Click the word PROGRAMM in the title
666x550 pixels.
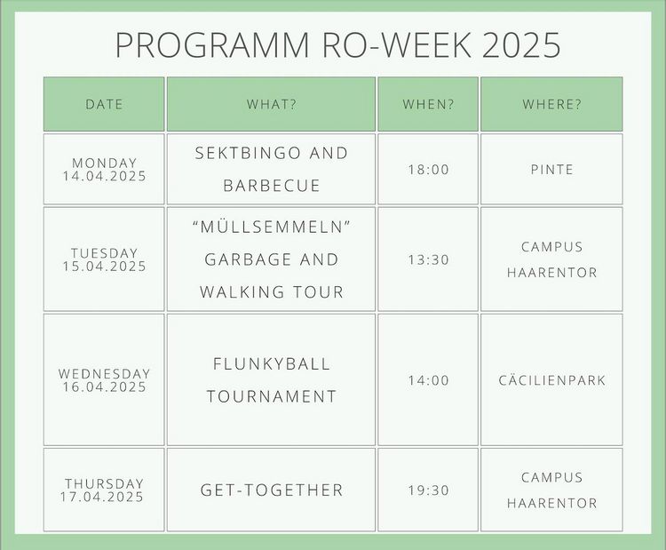click(212, 44)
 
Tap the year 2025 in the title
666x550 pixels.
click(521, 44)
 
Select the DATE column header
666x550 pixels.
click(104, 104)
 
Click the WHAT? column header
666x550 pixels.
click(271, 104)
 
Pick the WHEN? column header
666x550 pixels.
click(428, 104)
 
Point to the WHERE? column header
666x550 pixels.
click(551, 104)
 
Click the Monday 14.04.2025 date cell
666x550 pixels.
click(104, 169)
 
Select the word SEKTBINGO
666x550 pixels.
click(248, 153)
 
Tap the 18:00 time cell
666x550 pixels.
click(428, 169)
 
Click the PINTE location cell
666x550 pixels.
click(551, 169)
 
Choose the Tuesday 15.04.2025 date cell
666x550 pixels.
click(104, 259)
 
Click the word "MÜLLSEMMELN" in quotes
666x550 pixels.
click(271, 227)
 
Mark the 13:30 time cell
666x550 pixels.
click(428, 259)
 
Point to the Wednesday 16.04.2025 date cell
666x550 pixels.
click(104, 380)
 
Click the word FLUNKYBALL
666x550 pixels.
click(272, 364)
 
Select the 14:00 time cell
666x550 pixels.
click(428, 380)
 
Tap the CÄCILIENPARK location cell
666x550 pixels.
click(551, 380)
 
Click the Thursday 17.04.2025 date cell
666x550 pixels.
click(104, 490)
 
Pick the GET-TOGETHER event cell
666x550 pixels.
click(271, 490)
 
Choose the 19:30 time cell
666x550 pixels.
click(428, 490)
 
